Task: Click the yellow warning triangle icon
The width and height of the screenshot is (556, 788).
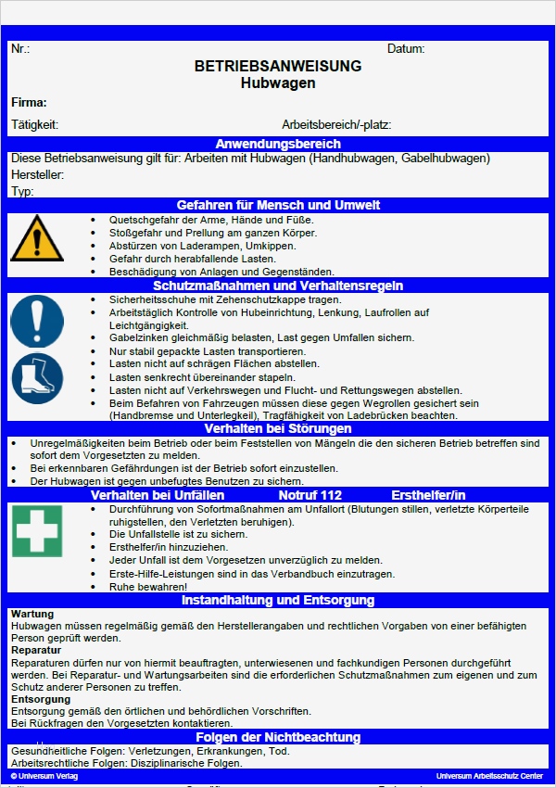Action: [x=38, y=239]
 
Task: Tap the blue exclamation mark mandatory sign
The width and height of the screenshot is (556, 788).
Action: [x=37, y=321]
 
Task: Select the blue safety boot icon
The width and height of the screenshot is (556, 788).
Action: [x=37, y=379]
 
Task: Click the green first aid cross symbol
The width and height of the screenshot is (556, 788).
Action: [x=37, y=531]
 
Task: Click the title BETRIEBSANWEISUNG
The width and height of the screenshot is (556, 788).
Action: [x=278, y=67]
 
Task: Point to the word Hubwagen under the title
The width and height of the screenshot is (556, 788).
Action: [x=278, y=83]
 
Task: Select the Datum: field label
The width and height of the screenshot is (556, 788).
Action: [x=406, y=48]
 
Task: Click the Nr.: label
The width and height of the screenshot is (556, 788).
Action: [x=20, y=48]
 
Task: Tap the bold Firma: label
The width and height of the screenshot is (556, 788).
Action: [x=29, y=103]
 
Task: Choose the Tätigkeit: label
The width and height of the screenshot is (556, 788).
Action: [x=35, y=124]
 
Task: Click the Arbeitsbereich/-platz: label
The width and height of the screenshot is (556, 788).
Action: [x=336, y=124]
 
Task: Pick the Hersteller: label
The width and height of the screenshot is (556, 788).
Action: [x=37, y=174]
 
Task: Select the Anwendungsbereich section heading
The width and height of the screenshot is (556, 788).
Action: [x=278, y=144]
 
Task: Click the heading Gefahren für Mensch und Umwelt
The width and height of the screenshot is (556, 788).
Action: [x=278, y=205]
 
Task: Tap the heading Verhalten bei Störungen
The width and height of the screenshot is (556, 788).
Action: [x=278, y=429]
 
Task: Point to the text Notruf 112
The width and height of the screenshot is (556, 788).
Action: [x=310, y=496]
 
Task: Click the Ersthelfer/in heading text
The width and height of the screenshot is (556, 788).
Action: [x=428, y=496]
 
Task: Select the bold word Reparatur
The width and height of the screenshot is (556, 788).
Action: [x=36, y=651]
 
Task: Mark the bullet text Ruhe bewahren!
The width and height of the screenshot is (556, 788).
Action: [x=148, y=587]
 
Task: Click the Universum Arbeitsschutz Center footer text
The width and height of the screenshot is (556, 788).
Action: [x=489, y=775]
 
